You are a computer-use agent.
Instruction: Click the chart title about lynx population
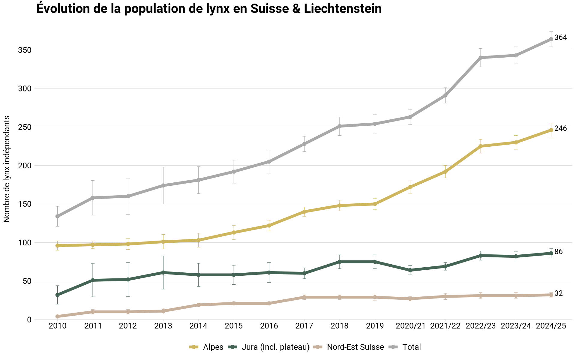point(209,9)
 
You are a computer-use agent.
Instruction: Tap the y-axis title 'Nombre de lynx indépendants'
point(7,169)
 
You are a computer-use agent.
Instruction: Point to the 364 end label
point(560,38)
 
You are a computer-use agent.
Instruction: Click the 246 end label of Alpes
point(560,129)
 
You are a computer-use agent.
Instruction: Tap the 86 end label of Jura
point(558,252)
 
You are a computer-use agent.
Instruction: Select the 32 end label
point(558,293)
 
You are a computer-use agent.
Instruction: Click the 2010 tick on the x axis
point(57,326)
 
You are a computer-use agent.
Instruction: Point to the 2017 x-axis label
point(304,326)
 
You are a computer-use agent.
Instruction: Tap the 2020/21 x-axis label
point(410,326)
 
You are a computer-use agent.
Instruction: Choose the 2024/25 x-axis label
point(551,326)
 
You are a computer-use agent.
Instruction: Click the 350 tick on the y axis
point(25,50)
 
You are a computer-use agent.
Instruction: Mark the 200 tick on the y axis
point(25,166)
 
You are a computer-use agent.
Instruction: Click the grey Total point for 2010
point(57,216)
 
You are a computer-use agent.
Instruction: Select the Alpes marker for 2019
point(375,204)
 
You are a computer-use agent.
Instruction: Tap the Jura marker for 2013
point(163,272)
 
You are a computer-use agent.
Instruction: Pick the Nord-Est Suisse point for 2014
point(199,305)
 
